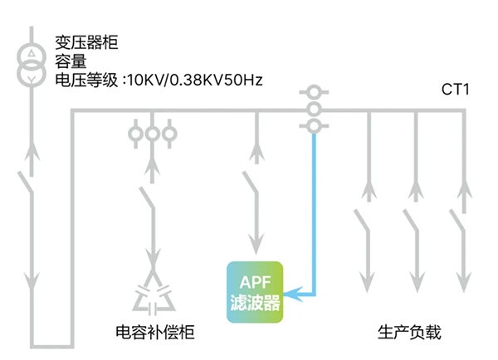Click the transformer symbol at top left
point(31,67)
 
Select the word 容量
point(71,62)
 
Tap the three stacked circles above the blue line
point(313,109)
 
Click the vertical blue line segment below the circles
point(313,207)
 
